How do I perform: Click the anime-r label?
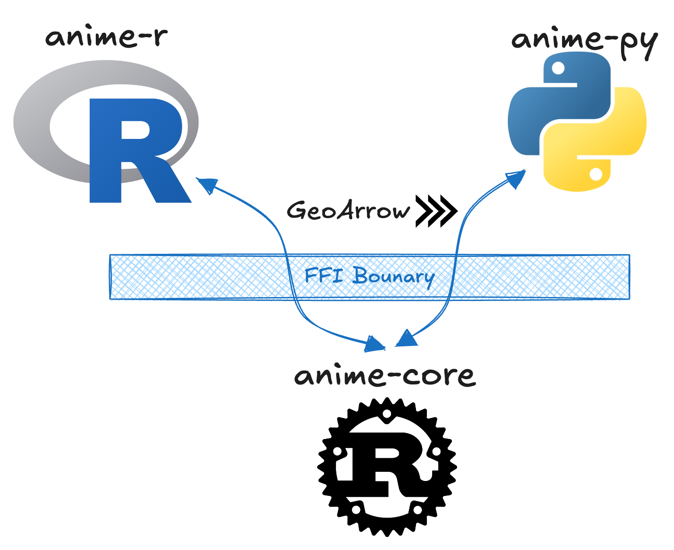point(106,37)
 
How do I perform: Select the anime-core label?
point(385,376)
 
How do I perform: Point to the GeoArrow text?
point(348,211)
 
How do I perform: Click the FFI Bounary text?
point(369,276)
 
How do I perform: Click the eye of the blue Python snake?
point(559,68)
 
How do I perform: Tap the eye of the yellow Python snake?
point(596,174)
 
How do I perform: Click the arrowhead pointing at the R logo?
point(207,184)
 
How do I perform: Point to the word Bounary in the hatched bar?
point(393,277)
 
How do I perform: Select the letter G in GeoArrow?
point(297,211)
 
